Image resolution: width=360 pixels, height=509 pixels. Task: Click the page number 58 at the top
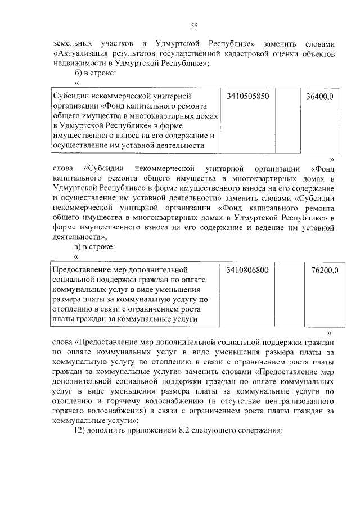[194, 25]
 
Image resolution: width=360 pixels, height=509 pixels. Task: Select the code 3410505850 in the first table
[248, 97]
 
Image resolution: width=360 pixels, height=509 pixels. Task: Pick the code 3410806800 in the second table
[248, 270]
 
